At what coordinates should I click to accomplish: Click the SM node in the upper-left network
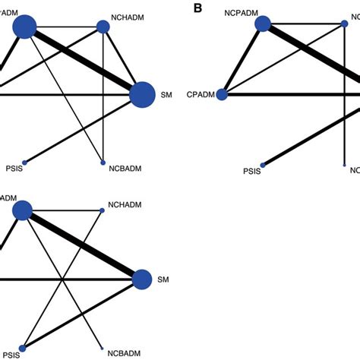coord(142,95)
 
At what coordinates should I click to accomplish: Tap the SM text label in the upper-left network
coord(167,96)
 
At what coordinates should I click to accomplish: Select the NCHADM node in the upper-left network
coord(103,27)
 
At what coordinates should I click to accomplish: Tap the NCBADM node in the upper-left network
coord(103,163)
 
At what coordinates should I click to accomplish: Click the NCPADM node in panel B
coord(263,25)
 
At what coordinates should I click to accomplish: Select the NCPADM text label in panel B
coord(244,11)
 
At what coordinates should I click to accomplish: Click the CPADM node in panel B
coord(222,95)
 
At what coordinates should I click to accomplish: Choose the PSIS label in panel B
coord(251,172)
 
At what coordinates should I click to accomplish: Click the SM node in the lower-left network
coord(142,279)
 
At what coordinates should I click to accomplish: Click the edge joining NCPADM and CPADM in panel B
coord(242,60)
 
